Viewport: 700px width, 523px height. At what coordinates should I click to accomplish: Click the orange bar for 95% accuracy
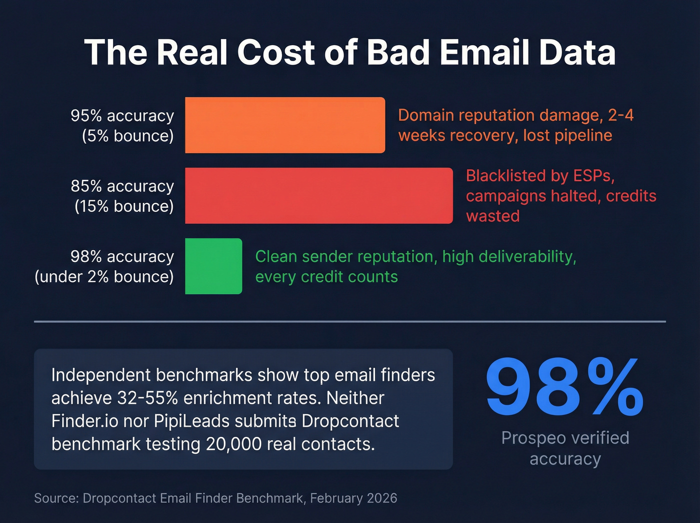coord(285,125)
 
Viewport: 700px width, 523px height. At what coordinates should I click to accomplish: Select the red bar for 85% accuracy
coord(318,196)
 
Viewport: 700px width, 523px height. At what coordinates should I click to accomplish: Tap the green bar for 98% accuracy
coord(213,266)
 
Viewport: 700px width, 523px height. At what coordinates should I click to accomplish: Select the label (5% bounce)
coord(128,136)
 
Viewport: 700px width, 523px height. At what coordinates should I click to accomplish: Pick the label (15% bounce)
coord(124,206)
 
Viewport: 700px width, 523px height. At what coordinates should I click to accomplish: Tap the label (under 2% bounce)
coord(104,277)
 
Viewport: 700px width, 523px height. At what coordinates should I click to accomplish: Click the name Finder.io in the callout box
coord(84,421)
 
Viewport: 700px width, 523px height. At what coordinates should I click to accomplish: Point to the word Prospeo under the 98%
coord(533,438)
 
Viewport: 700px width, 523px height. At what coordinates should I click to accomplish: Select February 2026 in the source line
coord(353,498)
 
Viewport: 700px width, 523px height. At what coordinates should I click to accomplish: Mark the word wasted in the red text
coord(492,216)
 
